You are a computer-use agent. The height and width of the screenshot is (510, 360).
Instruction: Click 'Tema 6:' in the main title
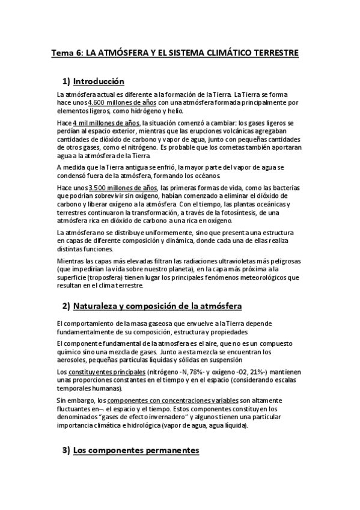67,53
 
